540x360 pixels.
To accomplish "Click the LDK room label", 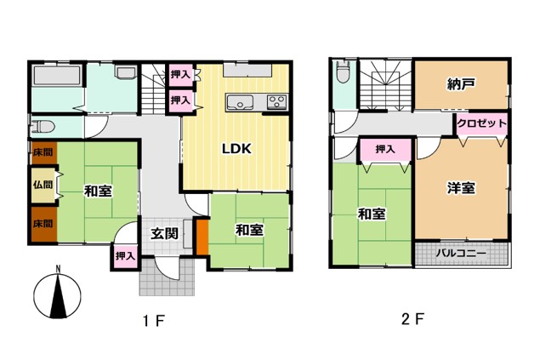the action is (236, 149).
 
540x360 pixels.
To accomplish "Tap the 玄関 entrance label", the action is (165, 234).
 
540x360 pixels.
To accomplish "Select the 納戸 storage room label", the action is (461, 84).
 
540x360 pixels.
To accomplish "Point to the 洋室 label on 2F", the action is (461, 188).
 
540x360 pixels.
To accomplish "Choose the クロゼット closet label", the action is (482, 123).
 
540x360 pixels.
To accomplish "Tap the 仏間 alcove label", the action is (43, 185).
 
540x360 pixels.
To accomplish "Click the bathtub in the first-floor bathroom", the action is (57, 76).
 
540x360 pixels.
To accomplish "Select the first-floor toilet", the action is (43, 127).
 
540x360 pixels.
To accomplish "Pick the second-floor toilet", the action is (343, 72).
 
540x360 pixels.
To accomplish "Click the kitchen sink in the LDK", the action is (240, 102).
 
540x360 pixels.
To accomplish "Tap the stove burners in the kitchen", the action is (277, 102).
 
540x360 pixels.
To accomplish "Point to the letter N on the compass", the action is (59, 268).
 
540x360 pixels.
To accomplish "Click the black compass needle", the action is (58, 295).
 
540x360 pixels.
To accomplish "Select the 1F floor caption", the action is (154, 321).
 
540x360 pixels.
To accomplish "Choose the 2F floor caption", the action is (412, 319).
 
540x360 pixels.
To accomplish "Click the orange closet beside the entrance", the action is (202, 237).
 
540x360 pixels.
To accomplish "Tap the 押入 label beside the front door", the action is (125, 256).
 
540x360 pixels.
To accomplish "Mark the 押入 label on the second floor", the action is (385, 149).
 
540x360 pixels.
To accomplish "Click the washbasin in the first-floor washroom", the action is (126, 72).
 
